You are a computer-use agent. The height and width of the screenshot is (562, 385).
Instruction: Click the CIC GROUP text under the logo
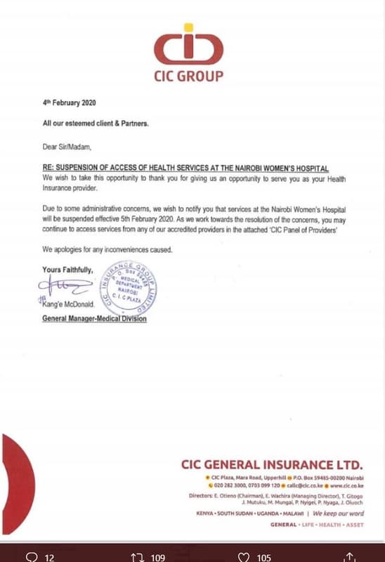click(188, 76)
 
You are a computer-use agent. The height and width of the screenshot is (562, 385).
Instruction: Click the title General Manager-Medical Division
click(95, 319)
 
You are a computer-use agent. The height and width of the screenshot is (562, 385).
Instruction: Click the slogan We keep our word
click(339, 514)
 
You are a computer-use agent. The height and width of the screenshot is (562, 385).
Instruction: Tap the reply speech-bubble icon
click(32, 557)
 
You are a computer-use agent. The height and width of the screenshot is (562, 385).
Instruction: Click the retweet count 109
click(158, 557)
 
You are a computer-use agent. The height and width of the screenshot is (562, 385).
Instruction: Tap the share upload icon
click(349, 557)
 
